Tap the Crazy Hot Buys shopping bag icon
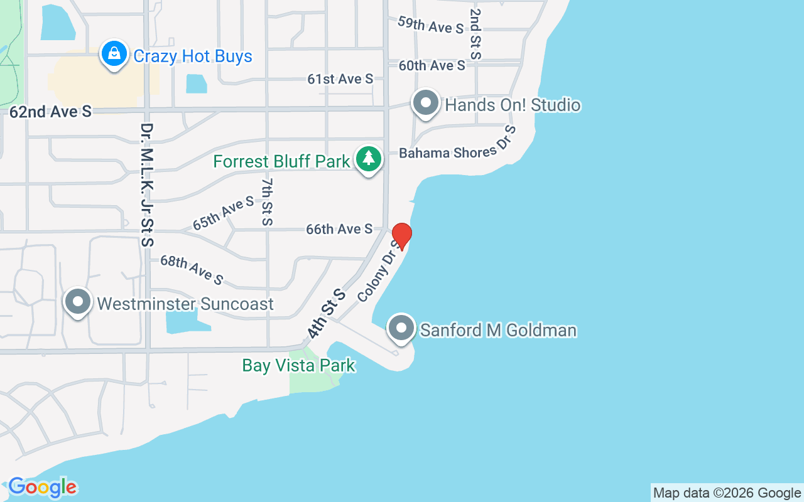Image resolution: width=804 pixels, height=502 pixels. click(114, 55)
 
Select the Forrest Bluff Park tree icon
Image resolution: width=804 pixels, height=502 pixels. click(368, 159)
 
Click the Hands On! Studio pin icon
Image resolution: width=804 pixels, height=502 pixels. click(426, 103)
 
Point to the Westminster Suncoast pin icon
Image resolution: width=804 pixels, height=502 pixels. click(78, 302)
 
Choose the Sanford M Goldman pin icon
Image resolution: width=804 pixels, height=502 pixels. click(401, 328)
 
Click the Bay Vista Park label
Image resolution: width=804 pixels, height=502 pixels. click(298, 365)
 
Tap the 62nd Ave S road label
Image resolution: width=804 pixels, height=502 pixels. click(51, 112)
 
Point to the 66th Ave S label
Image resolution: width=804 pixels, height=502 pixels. click(339, 229)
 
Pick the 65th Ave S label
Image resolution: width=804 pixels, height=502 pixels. click(223, 212)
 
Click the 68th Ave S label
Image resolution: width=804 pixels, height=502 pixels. click(192, 269)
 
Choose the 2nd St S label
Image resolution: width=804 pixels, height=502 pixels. click(475, 33)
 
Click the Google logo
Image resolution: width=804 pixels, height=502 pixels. click(43, 487)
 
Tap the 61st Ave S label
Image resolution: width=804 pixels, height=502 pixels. click(340, 78)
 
